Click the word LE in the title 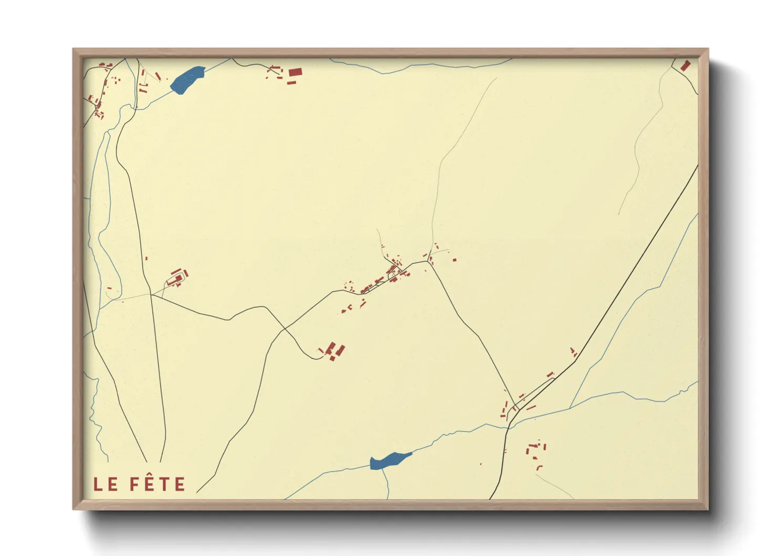pos(106,484)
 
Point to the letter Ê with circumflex pos(149,483)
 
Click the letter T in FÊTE pos(164,484)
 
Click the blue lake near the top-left pos(186,79)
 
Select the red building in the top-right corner pos(685,66)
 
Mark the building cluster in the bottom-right pos(535,452)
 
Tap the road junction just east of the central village pos(429,262)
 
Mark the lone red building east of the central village pos(455,260)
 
